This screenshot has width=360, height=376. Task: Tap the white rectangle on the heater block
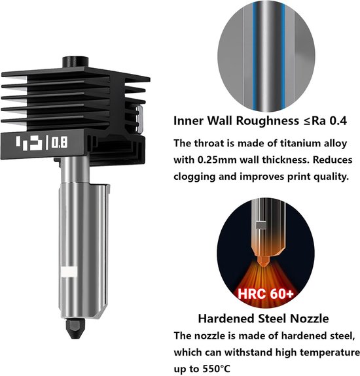[x=69, y=272]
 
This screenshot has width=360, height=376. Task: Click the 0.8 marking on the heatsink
[x=60, y=143]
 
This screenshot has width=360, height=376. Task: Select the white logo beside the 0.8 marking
[x=29, y=143]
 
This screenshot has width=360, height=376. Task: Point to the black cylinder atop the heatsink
[x=75, y=62]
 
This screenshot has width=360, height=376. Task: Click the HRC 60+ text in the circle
[x=266, y=294]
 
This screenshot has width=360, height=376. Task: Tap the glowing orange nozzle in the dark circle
[x=262, y=261]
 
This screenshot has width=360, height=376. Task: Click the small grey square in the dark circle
[x=261, y=225]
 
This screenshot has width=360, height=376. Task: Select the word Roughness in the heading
[x=268, y=120]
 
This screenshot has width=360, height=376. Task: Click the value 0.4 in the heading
[x=338, y=120]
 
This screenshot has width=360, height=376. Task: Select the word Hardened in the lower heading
[x=226, y=318]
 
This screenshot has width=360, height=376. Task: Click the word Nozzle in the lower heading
[x=310, y=318]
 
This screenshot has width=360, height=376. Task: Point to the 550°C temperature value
[x=217, y=368]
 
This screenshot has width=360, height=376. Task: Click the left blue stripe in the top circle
[x=255, y=58]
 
